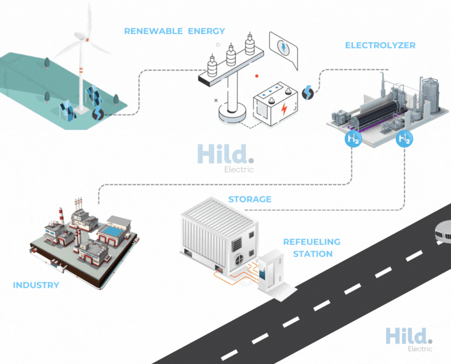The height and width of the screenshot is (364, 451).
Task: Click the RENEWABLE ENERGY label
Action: [174, 31]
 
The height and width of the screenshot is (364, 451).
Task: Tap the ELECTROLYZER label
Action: [380, 45]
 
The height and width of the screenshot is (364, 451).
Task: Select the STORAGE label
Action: [249, 199]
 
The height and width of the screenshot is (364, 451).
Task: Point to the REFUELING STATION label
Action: [312, 248]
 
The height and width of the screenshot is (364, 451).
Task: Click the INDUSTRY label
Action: [36, 285]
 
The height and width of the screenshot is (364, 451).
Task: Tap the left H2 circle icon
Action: [353, 139]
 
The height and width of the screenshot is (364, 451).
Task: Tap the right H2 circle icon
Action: [404, 139]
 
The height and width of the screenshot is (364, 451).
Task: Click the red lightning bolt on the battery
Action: [284, 108]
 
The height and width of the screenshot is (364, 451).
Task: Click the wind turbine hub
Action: [87, 39]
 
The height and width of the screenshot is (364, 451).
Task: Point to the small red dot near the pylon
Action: [257, 76]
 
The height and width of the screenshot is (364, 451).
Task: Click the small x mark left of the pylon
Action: [216, 100]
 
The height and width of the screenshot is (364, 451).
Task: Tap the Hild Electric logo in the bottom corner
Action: [409, 339]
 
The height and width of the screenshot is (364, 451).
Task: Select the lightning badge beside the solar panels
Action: [98, 114]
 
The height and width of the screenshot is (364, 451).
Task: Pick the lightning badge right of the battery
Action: [307, 93]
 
